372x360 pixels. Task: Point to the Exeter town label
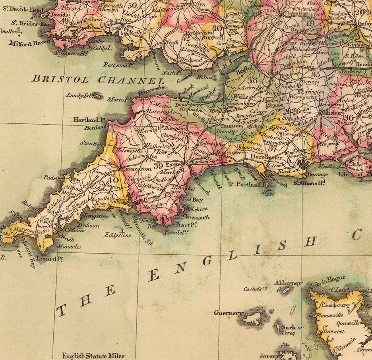tap(174, 164)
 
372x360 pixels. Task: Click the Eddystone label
tap(118, 235)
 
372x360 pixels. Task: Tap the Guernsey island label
tap(228, 313)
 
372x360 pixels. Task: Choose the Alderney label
tap(288, 283)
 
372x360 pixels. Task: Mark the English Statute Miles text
tap(93, 356)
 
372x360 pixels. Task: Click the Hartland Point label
tap(89, 119)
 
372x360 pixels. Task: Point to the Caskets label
tap(253, 289)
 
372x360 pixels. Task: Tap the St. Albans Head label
tap(310, 182)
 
